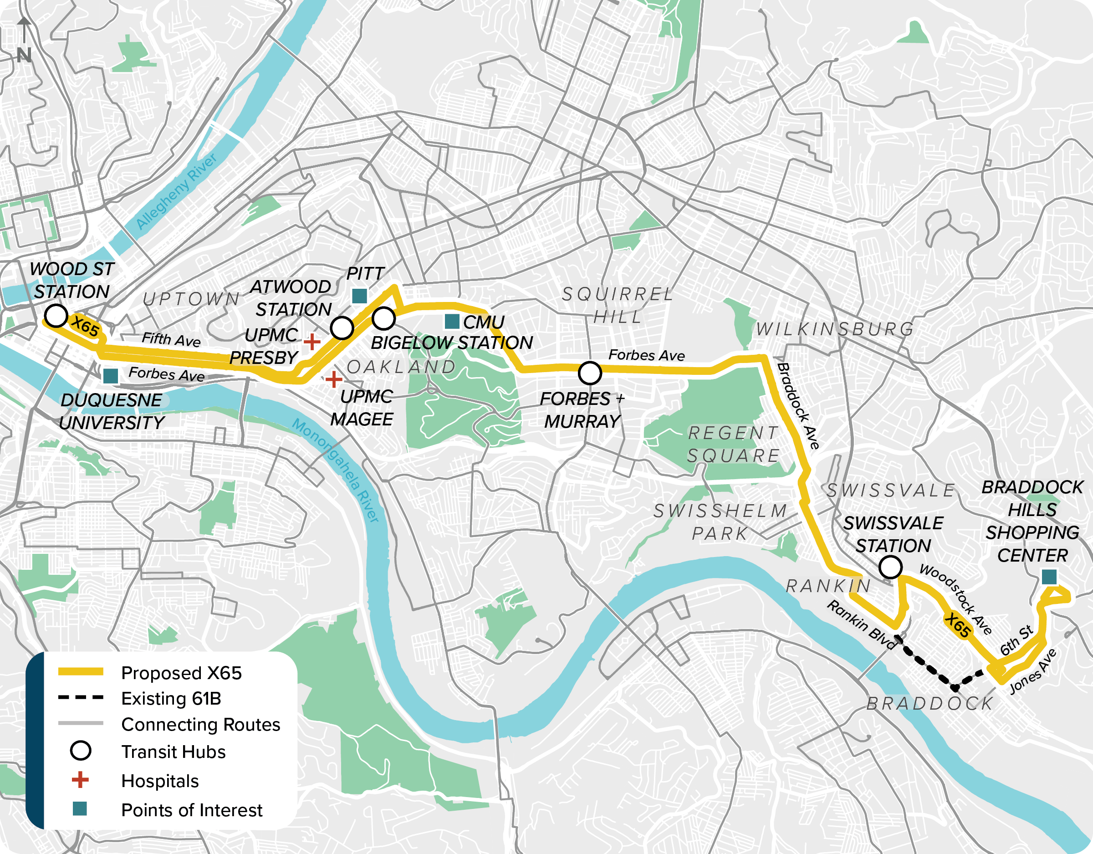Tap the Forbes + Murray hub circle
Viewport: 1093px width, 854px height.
pos(590,373)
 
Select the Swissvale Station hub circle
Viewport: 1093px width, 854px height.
pos(890,567)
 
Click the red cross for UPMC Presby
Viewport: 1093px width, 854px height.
pos(312,342)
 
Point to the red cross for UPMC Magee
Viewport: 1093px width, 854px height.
pos(333,380)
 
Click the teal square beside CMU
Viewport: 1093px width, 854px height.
pos(452,322)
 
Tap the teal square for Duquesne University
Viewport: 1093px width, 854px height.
pos(110,376)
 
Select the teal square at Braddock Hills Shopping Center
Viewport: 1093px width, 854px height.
pos(1049,577)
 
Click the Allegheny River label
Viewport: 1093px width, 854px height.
pos(176,191)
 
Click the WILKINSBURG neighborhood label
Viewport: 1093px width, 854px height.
pos(835,329)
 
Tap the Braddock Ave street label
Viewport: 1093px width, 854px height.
pos(798,406)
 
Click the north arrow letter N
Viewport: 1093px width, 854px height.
pos(24,55)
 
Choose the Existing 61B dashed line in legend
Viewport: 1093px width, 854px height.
pos(81,697)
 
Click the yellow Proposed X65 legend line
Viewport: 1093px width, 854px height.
pos(81,672)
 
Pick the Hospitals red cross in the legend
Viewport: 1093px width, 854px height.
pos(80,780)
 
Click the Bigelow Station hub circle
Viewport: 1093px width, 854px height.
pos(383,318)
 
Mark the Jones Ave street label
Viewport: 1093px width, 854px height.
pos(1033,671)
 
